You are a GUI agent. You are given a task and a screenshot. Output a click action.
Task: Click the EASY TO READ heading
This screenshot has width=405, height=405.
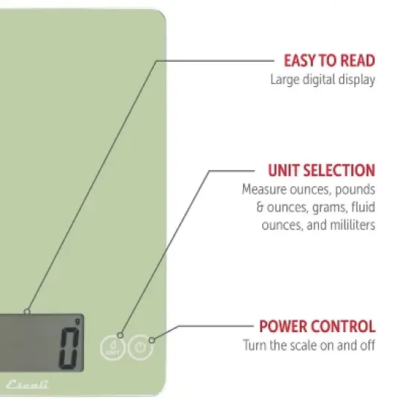coord(329,60)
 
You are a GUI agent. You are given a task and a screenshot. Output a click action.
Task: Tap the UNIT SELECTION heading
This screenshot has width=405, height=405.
coord(321,171)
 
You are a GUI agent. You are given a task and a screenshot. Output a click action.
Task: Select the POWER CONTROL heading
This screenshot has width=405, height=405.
coord(317,326)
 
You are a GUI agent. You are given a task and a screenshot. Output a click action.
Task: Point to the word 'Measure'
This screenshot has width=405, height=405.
coord(264,189)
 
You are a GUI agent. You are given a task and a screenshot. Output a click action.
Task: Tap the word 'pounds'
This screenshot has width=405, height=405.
coord(355,190)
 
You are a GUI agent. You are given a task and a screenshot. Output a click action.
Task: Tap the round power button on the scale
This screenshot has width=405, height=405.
coord(140,347)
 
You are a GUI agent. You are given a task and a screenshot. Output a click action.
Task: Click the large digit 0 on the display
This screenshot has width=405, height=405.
coord(69,348)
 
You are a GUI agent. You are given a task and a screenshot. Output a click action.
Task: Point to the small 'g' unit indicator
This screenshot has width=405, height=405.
coord(77,322)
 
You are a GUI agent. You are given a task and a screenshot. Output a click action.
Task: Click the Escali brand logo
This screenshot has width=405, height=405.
coord(27,384)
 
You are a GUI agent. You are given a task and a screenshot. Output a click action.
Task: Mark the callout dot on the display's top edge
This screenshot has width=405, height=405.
coord(27,311)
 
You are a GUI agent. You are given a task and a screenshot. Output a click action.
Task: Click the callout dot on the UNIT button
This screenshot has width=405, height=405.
coord(120,335)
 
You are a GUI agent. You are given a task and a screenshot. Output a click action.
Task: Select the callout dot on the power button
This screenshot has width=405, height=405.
coord(152,340)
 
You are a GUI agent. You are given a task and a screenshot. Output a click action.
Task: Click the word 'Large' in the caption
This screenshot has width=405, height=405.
coord(285,80)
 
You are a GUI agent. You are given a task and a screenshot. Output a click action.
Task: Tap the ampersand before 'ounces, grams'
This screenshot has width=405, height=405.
coord(260,207)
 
